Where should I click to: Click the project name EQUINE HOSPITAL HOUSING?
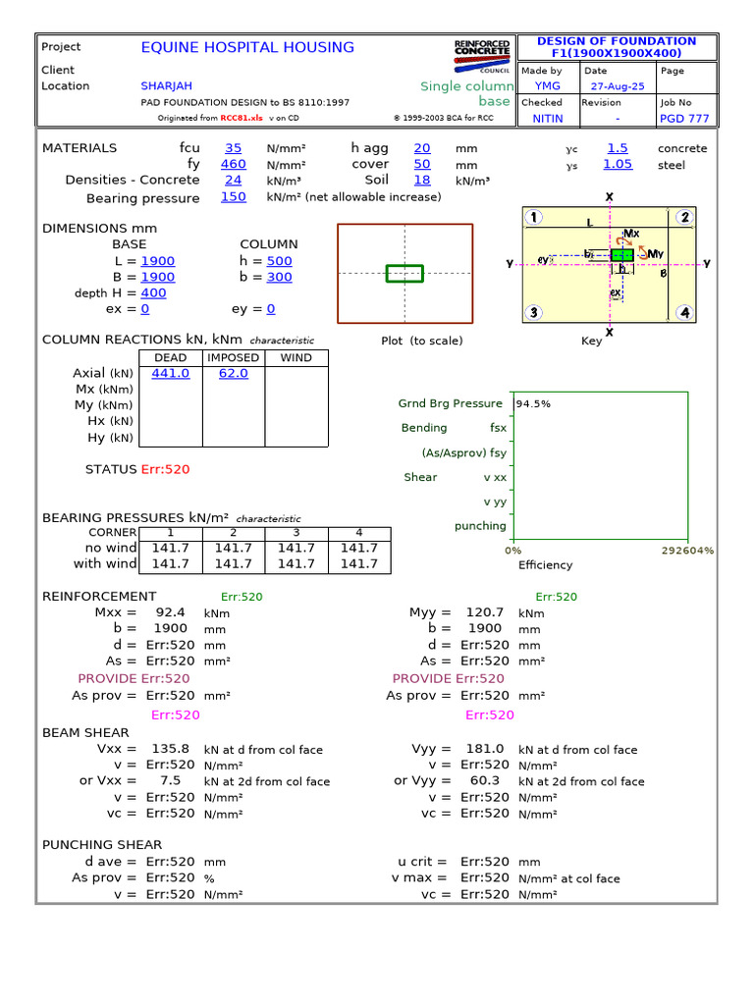point(247,47)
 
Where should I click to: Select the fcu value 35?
point(233,148)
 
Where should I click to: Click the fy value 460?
point(233,165)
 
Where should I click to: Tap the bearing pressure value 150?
point(233,197)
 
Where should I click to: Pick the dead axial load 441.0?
point(171,374)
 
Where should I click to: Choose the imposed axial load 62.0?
point(233,374)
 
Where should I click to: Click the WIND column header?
point(296,358)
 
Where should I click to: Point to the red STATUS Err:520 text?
point(165,469)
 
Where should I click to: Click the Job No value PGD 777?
point(684,119)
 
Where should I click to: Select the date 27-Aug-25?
point(611,86)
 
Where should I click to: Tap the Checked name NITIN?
point(548,119)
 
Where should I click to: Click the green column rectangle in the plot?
point(404,273)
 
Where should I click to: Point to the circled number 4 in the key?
point(684,313)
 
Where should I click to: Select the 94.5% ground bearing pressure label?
point(533,403)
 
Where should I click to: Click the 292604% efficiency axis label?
point(688,551)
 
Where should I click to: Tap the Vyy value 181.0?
point(485,749)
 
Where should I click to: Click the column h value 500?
point(279,261)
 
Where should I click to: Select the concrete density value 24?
point(233,181)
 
